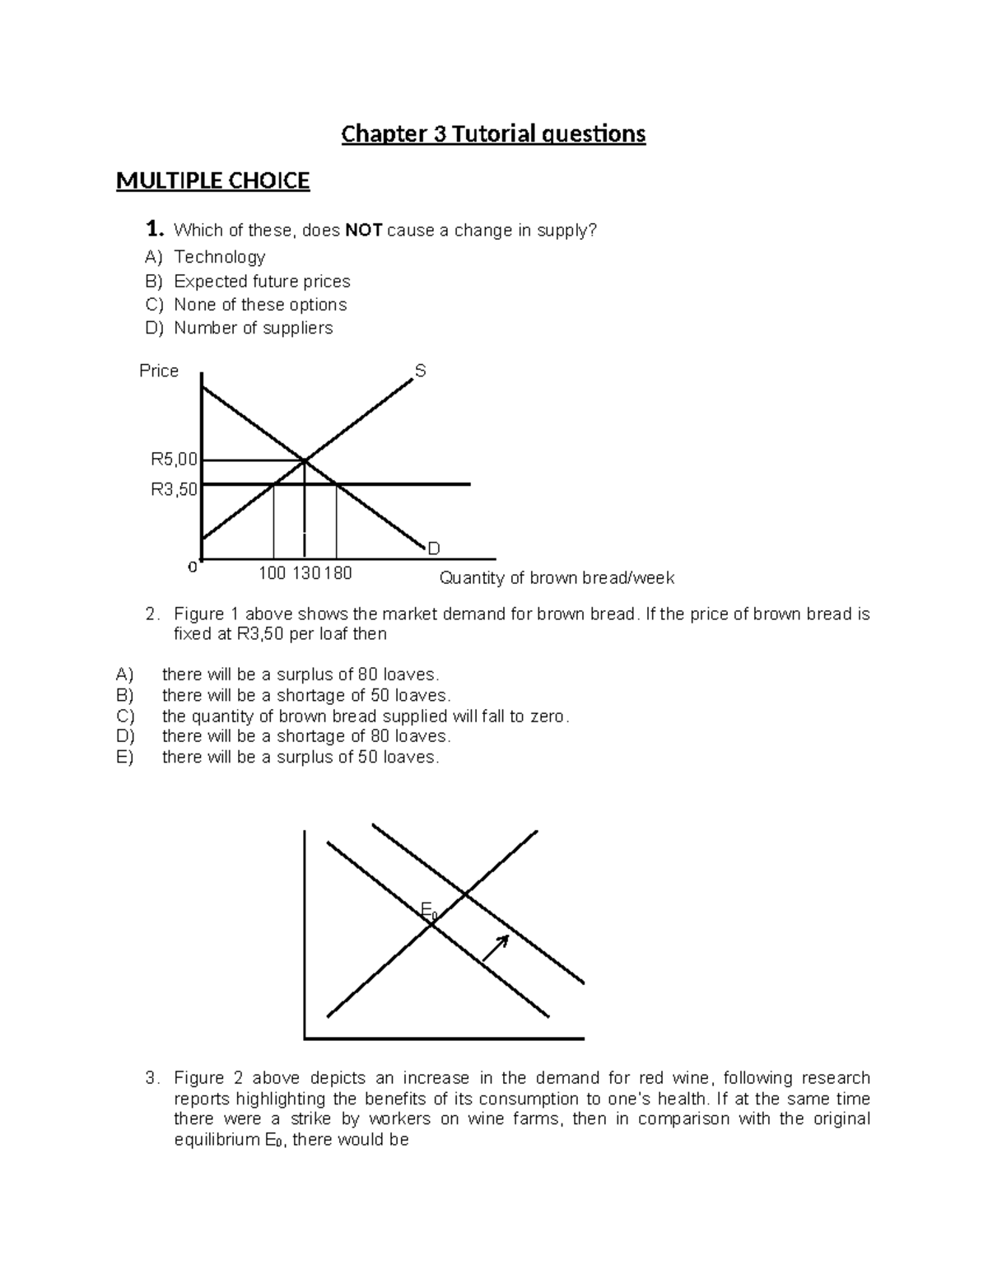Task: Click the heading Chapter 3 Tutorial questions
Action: coord(493,133)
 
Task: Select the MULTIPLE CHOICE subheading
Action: coord(212,181)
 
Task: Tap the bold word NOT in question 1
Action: coord(363,231)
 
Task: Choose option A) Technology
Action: coord(219,257)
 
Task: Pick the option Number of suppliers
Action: coord(253,328)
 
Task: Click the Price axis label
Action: coord(159,371)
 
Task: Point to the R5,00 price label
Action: coord(174,460)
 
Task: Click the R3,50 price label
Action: coord(174,490)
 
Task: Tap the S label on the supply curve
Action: coord(420,371)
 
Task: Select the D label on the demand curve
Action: coord(434,548)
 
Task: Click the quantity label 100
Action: coord(272,573)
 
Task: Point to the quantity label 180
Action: coord(338,573)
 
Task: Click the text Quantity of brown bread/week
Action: coord(557,578)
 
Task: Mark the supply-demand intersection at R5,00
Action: coord(305,460)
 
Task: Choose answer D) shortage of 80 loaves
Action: coord(306,736)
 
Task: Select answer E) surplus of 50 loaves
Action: coord(301,757)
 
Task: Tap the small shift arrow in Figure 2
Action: coord(495,948)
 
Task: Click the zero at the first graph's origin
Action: coord(193,567)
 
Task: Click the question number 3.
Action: coord(151,1078)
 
